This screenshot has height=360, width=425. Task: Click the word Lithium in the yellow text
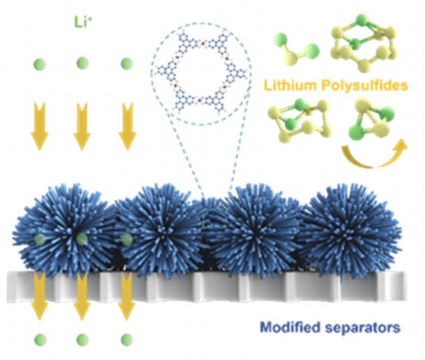(283, 86)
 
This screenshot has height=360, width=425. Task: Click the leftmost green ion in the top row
(39, 63)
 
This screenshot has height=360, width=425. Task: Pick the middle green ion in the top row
(82, 62)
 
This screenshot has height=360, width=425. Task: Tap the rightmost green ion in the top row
(126, 62)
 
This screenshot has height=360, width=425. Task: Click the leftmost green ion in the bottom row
(39, 339)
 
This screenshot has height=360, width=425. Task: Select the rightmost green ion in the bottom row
(126, 339)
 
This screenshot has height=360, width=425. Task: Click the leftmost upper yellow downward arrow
(39, 127)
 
